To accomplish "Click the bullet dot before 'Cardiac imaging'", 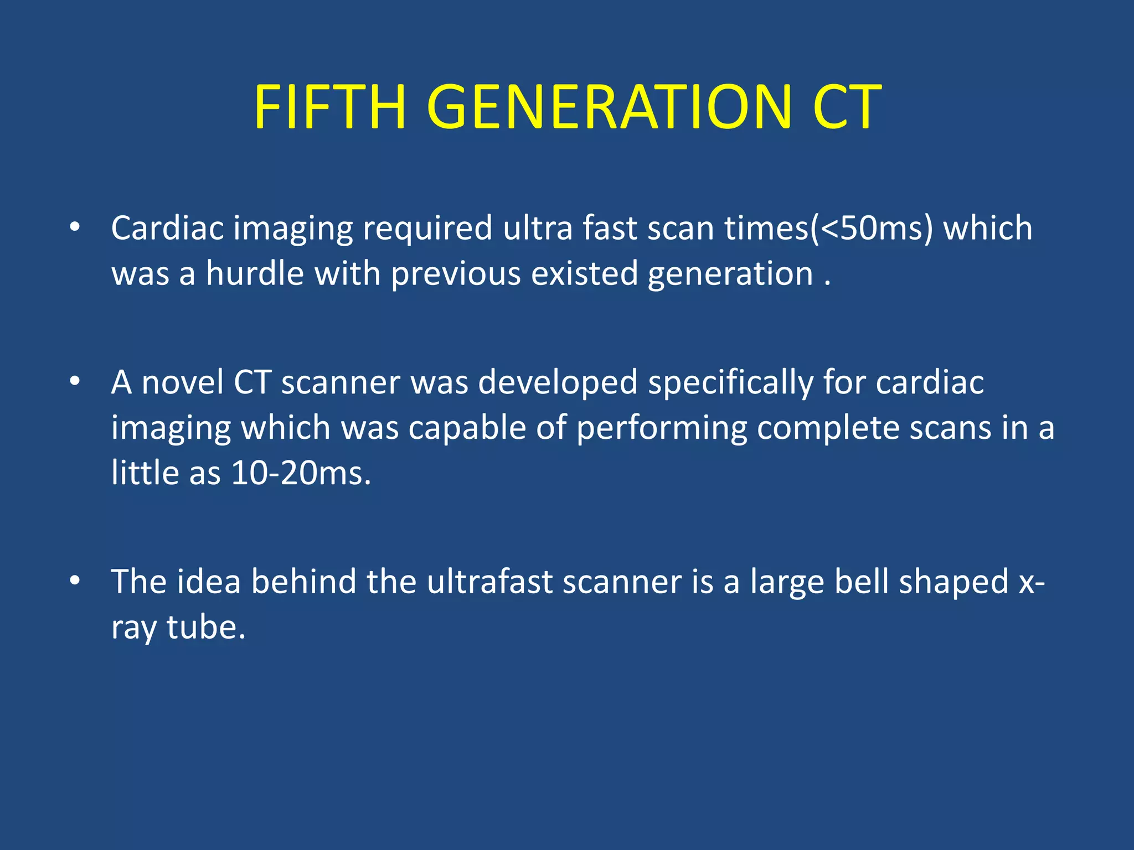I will tap(75, 227).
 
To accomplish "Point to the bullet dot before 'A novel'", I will tap(75, 381).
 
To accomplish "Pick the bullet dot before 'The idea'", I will tap(75, 581).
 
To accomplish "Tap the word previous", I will tap(456, 274).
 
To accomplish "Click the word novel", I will tap(182, 382).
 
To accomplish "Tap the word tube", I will tap(205, 628).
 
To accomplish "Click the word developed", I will tap(558, 383).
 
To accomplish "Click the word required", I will tap(427, 229).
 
